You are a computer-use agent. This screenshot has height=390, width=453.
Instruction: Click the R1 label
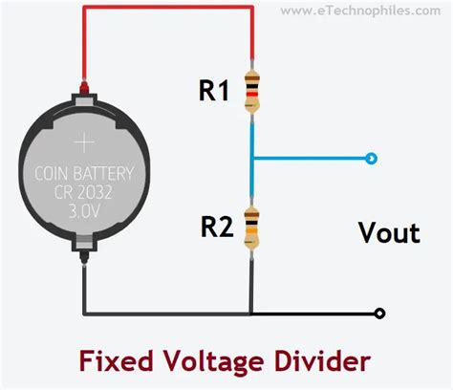214,91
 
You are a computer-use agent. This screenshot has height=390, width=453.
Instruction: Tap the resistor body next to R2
251,226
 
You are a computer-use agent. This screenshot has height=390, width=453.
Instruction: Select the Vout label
388,232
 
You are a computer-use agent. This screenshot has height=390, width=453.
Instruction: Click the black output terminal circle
379,314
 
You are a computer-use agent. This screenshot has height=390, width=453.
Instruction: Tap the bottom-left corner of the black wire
85,314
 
